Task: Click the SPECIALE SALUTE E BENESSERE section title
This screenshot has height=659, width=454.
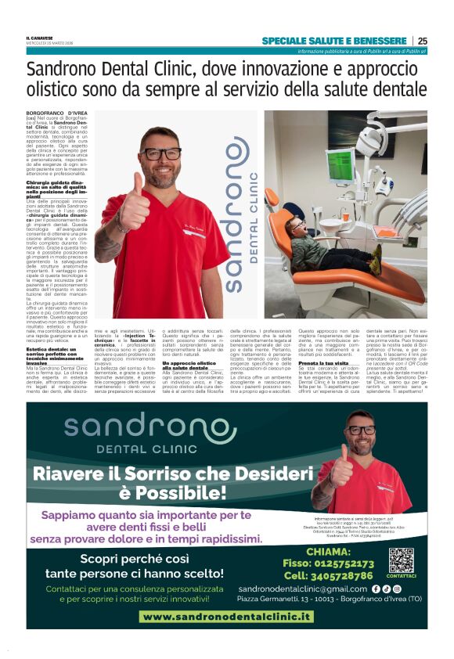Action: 334,41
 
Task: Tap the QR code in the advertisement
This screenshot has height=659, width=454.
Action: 401,560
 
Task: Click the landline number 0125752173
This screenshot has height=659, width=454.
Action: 339,563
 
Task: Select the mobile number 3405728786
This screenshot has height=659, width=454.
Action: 339,575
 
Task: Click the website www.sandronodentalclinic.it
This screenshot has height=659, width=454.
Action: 226,617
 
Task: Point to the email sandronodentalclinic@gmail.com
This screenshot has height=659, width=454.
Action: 303,589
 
